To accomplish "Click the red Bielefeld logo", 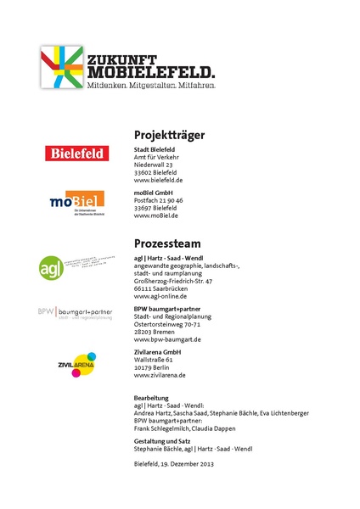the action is click(77, 154).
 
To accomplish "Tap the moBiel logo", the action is click(76, 201).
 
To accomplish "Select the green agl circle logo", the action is click(52, 266).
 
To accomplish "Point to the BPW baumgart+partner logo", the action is click(74, 312).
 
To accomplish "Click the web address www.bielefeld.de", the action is click(159, 181).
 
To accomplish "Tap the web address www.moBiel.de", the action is click(156, 215).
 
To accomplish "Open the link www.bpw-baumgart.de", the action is click(167, 339).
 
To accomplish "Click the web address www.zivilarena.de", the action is click(160, 374).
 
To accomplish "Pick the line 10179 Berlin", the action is click(154, 366).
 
